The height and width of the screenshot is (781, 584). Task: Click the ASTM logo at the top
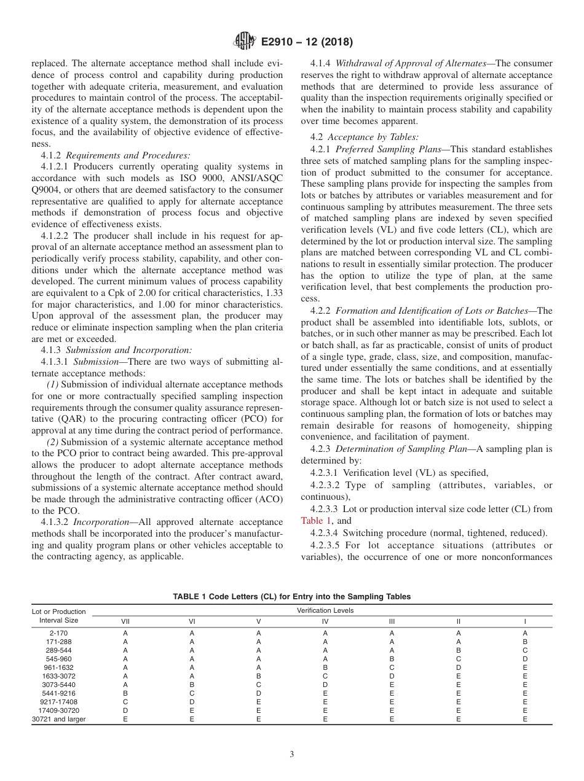pos(245,42)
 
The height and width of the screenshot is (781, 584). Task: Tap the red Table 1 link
pos(316,521)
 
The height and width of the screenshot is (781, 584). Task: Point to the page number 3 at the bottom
pos(292,755)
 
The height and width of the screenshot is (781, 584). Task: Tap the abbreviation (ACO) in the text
pos(267,499)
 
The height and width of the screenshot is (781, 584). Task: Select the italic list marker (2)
pos(53,442)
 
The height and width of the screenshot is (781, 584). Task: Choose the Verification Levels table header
pos(325,610)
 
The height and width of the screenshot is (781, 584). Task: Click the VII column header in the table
pos(125,621)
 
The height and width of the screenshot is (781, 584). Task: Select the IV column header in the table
pos(325,621)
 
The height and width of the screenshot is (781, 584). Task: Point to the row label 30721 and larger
pos(58,719)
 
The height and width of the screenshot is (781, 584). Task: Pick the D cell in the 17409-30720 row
pos(125,710)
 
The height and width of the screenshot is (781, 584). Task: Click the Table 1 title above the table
pos(292,596)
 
